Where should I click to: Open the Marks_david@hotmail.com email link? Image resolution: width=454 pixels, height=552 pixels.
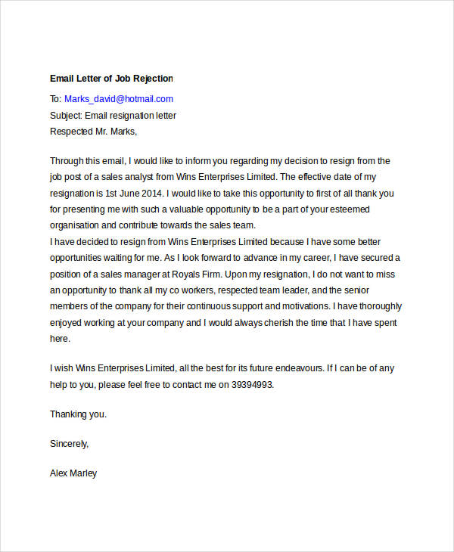click(x=119, y=99)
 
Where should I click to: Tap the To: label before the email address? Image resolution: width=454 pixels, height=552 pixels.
click(x=55, y=99)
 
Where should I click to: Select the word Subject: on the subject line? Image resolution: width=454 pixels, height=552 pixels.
click(x=67, y=116)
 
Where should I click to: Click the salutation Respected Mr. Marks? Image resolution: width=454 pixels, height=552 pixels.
click(x=93, y=132)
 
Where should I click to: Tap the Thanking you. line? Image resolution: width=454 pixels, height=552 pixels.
click(x=79, y=414)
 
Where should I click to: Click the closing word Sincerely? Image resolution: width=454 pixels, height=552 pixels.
click(x=69, y=444)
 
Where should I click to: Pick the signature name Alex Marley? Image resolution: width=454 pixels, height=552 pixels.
click(x=73, y=473)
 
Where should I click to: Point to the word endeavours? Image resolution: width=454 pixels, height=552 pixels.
click(x=291, y=368)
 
